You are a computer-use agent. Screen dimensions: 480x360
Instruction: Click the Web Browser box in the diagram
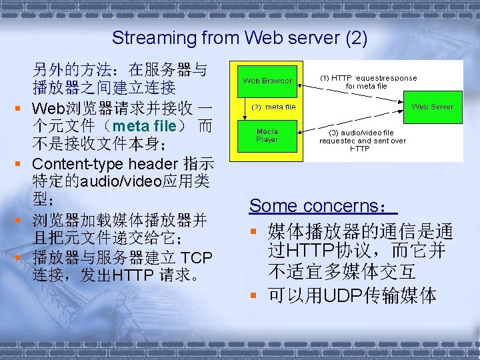[x=267, y=81]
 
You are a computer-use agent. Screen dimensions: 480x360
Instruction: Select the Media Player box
[x=267, y=135]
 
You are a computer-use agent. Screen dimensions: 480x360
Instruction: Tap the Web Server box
[x=432, y=107]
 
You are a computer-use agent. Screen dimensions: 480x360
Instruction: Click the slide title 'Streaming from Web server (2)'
[x=239, y=38]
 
